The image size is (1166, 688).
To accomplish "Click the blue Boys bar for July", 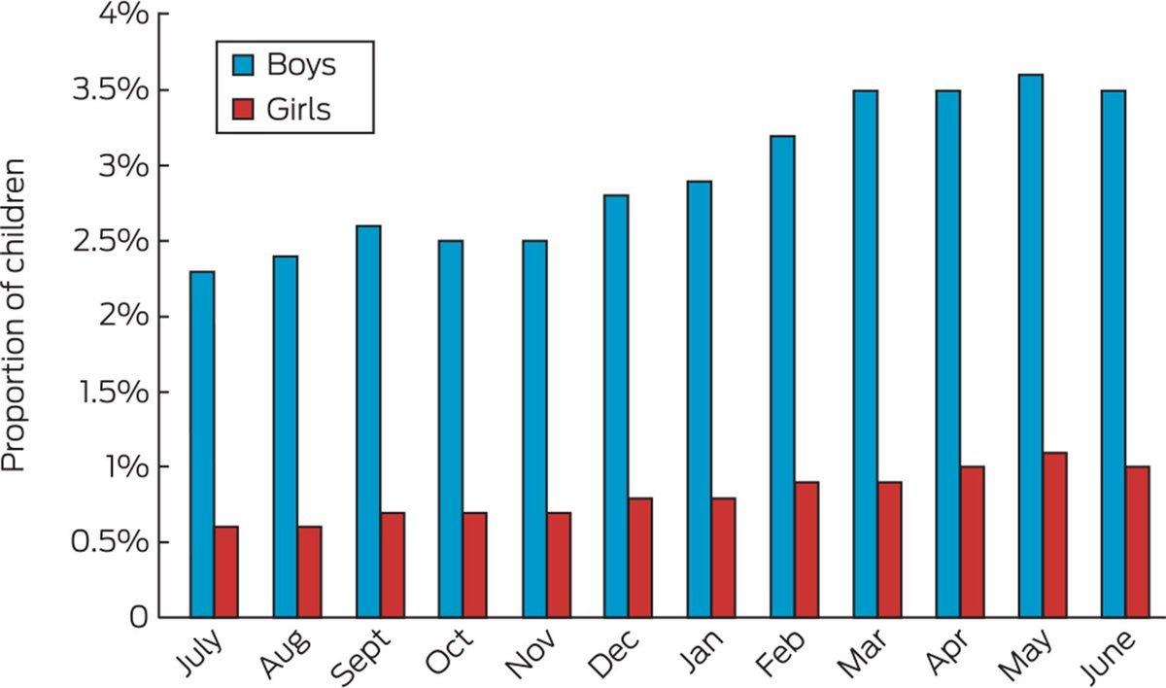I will [202, 444].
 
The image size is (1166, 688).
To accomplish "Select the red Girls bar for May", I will [1055, 534].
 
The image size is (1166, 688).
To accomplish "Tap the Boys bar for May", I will [1031, 345].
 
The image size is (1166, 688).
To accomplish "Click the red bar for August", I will [309, 571].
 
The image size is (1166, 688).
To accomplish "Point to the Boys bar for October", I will [450, 429].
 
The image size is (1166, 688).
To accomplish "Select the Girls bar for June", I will [1138, 541].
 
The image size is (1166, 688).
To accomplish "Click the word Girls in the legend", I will [298, 110].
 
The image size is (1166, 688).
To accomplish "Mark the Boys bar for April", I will [947, 354].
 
